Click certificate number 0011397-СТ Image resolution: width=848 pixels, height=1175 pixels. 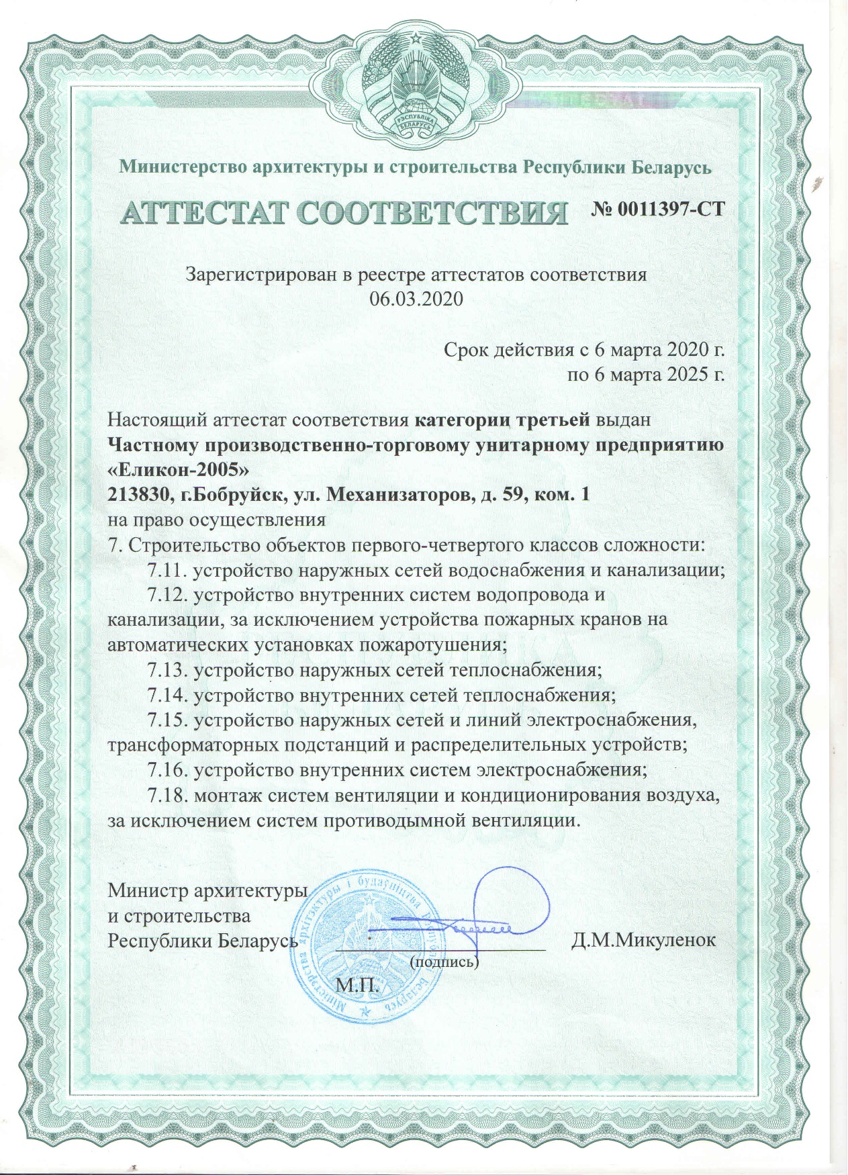point(658,208)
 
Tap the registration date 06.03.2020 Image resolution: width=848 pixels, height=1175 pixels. point(416,299)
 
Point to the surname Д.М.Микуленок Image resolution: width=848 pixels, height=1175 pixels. point(643,939)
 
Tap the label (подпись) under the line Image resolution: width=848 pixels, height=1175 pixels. point(444,961)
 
